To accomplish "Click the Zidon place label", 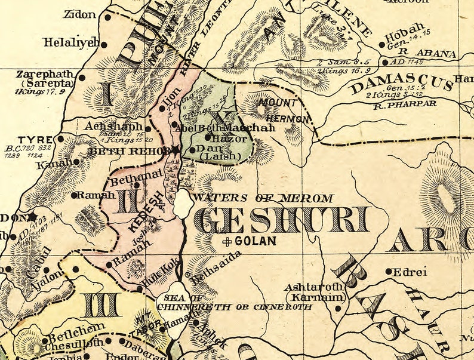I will click(x=79, y=14).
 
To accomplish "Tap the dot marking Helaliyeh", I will click(x=104, y=44).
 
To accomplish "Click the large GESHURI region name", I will click(x=284, y=221).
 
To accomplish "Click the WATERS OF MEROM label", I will click(x=263, y=198).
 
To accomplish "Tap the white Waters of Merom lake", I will click(x=181, y=205).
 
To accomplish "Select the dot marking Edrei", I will click(x=389, y=271).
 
